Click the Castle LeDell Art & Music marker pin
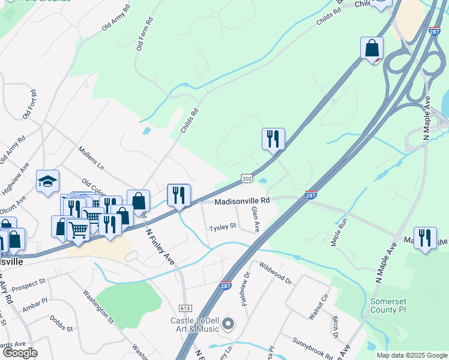pyautogui.click(x=228, y=325)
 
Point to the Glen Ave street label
pyautogui.click(x=255, y=219)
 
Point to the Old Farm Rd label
pyautogui.click(x=144, y=34)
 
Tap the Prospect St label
pyautogui.click(x=28, y=281)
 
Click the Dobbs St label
pyautogui.click(x=61, y=324)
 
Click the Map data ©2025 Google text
pyautogui.click(x=411, y=355)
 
